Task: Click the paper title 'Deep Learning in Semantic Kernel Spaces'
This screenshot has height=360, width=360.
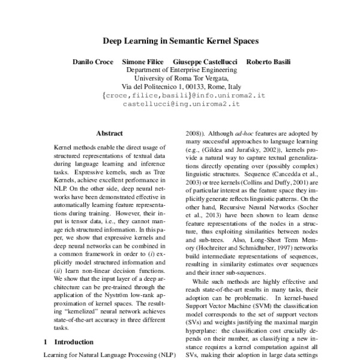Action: [x=180, y=42]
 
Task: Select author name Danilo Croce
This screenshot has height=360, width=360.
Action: [x=93, y=62]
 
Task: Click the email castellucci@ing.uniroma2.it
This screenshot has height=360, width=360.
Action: [x=181, y=103]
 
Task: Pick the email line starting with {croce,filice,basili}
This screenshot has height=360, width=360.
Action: [x=181, y=94]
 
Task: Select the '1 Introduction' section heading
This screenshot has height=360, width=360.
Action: [x=69, y=342]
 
